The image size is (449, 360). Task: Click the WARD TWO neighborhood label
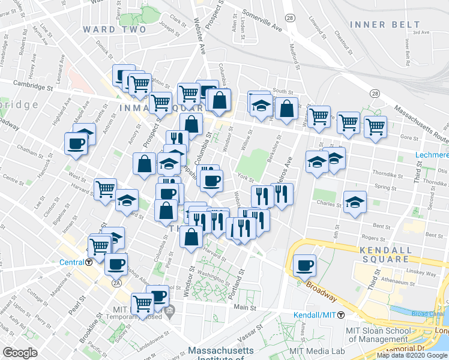(x=114, y=29)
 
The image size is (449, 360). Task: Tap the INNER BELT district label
(x=385, y=25)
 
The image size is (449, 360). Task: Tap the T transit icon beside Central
(x=89, y=262)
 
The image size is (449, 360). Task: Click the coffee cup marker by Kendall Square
(x=304, y=264)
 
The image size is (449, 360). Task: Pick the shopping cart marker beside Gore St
(x=375, y=127)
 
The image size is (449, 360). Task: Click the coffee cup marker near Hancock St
(x=76, y=143)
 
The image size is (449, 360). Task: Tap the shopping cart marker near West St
(x=105, y=189)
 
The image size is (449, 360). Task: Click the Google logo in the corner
(x=20, y=352)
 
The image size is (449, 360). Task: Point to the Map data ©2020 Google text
(x=412, y=355)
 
